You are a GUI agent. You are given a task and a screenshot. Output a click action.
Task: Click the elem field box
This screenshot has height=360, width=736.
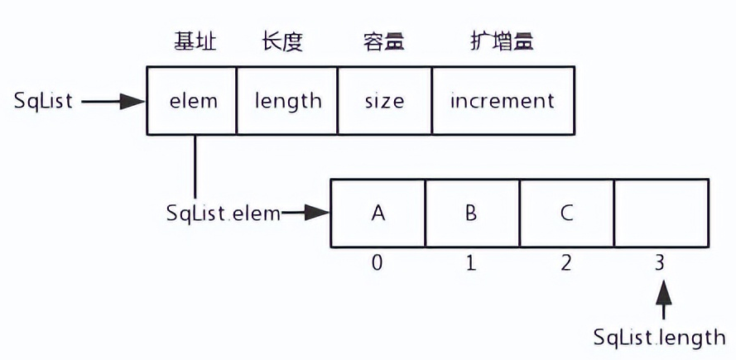tap(192, 101)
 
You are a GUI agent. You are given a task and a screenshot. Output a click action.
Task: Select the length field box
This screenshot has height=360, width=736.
tap(287, 101)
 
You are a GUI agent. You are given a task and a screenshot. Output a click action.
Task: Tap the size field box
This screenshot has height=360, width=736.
tap(384, 101)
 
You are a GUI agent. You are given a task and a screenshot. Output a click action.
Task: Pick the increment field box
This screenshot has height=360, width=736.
tap(502, 101)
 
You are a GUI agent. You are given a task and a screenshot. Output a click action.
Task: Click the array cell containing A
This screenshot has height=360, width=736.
tap(378, 213)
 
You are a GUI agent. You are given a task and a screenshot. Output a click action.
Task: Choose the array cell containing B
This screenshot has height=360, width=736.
tap(472, 213)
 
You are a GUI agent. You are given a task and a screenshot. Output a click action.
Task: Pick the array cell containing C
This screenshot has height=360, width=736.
tap(567, 213)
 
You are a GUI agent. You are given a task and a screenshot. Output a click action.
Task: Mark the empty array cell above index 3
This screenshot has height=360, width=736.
tap(661, 213)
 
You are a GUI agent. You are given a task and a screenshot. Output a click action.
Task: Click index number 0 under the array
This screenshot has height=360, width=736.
tap(378, 264)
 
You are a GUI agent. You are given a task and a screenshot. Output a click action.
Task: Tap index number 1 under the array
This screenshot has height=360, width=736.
tap(472, 264)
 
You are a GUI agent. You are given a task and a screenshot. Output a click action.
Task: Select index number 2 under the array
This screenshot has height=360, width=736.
tap(567, 264)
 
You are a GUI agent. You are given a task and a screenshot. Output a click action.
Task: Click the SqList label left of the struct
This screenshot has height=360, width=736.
tap(43, 101)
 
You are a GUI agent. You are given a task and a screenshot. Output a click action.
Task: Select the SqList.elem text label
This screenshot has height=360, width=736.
tap(222, 213)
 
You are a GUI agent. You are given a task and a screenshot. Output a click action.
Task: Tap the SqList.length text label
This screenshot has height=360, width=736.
tap(660, 337)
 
